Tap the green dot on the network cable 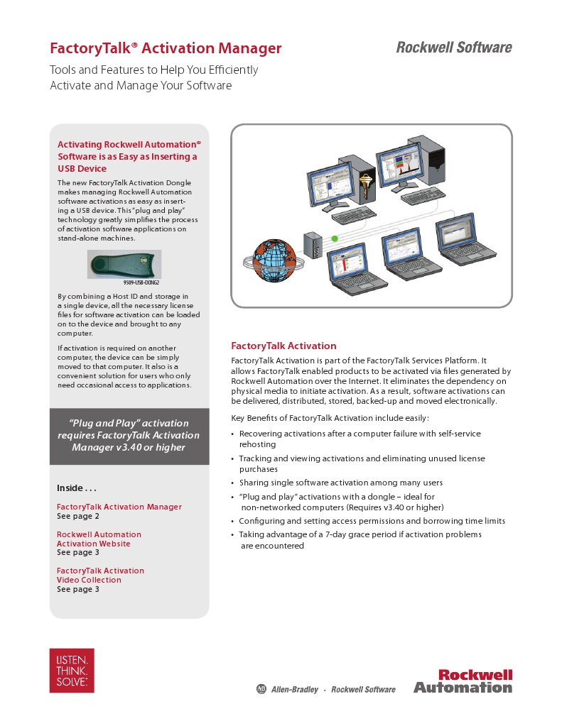(x=334, y=240)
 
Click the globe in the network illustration (x=272, y=261)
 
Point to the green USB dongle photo (x=124, y=264)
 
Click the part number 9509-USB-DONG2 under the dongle (x=142, y=282)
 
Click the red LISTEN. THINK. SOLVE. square (x=72, y=670)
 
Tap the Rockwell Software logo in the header (x=453, y=48)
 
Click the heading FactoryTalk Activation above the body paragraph (x=283, y=346)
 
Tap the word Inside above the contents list (x=70, y=488)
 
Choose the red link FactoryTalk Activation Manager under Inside (x=119, y=507)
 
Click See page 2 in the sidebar (x=78, y=516)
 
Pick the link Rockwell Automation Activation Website (x=99, y=539)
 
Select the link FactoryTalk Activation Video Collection (x=100, y=575)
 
